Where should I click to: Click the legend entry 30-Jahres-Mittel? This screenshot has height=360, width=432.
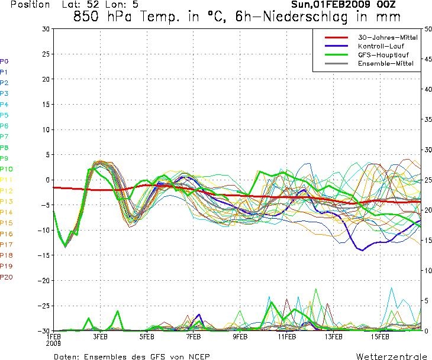pos(388,37)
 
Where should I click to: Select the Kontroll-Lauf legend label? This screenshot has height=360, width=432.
pos(381,46)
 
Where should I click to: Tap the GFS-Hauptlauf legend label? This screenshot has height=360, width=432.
pos(383,55)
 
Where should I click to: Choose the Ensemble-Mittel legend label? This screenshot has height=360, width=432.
pos(386,63)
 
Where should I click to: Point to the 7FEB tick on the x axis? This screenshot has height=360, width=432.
pos(194,336)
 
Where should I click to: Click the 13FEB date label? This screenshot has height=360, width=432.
pos(333,336)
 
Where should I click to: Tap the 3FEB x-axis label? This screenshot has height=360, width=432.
pos(100,336)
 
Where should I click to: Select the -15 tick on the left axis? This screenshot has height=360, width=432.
pos(44,255)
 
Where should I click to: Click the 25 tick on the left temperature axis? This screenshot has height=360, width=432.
pos(46,54)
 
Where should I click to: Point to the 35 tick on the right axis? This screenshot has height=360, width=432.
pos(428,119)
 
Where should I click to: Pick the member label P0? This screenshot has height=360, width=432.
pos(4,61)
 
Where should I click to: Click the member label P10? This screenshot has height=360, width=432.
pos(7,169)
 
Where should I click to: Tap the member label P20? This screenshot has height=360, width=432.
pos(7,277)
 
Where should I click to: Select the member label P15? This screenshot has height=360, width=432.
pos(7,223)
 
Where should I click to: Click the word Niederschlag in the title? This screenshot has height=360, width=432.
pos(304,17)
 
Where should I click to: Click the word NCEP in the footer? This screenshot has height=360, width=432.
pos(199,356)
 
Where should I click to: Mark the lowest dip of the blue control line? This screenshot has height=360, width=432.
pos(362,250)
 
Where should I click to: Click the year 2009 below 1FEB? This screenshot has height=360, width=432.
pos(53,343)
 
